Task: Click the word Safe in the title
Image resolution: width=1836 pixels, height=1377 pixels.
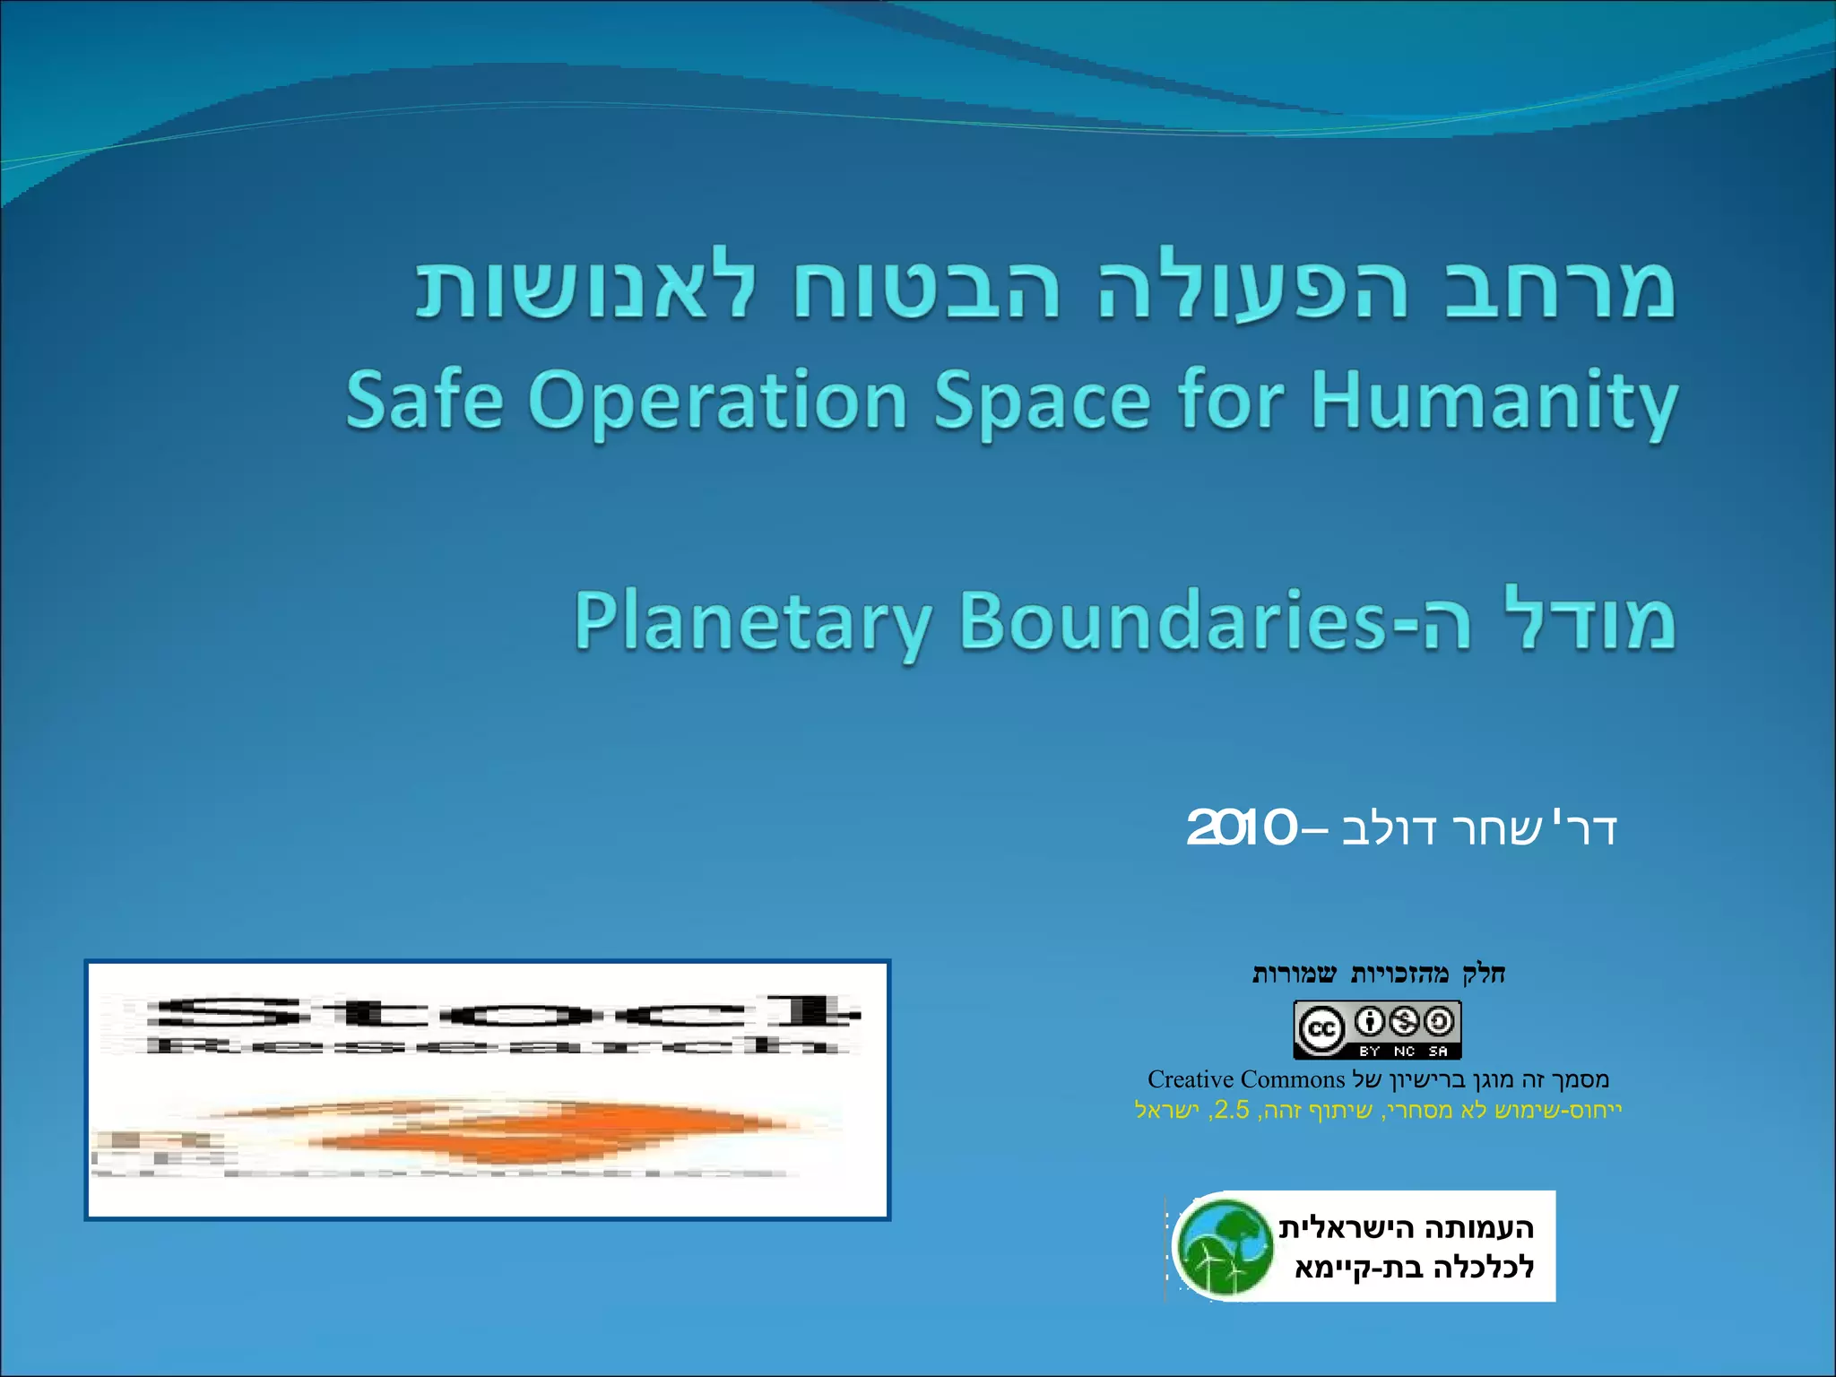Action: [x=424, y=400]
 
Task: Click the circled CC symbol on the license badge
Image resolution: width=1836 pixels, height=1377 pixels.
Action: [x=1321, y=1028]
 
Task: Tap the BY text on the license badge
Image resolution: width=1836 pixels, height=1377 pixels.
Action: [x=1369, y=1052]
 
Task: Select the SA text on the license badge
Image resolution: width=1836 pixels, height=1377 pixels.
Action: [x=1438, y=1052]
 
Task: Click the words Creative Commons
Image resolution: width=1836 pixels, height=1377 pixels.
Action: [x=1246, y=1079]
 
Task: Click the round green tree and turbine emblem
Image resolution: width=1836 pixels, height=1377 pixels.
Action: [x=1224, y=1247]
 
